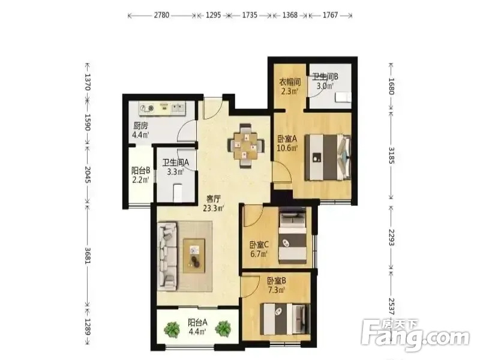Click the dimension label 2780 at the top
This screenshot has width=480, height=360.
point(161,15)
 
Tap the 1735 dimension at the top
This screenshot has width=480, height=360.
point(250,15)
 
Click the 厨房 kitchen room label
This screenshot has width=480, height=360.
point(140,126)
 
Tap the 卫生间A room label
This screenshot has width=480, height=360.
point(175,163)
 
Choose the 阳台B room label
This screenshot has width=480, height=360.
point(140,170)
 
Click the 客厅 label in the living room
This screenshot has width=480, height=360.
point(214,199)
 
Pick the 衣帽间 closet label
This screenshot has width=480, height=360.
point(290,82)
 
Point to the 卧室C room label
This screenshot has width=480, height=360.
point(259,245)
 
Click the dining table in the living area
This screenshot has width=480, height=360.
point(245,145)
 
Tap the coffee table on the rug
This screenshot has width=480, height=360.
point(194,256)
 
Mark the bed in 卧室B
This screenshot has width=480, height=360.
point(285,320)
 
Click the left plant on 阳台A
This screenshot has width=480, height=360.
point(172,328)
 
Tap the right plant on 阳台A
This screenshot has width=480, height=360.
point(223,328)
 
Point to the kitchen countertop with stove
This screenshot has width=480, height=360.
point(162,109)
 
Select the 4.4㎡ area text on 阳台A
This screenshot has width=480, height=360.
point(198,331)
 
